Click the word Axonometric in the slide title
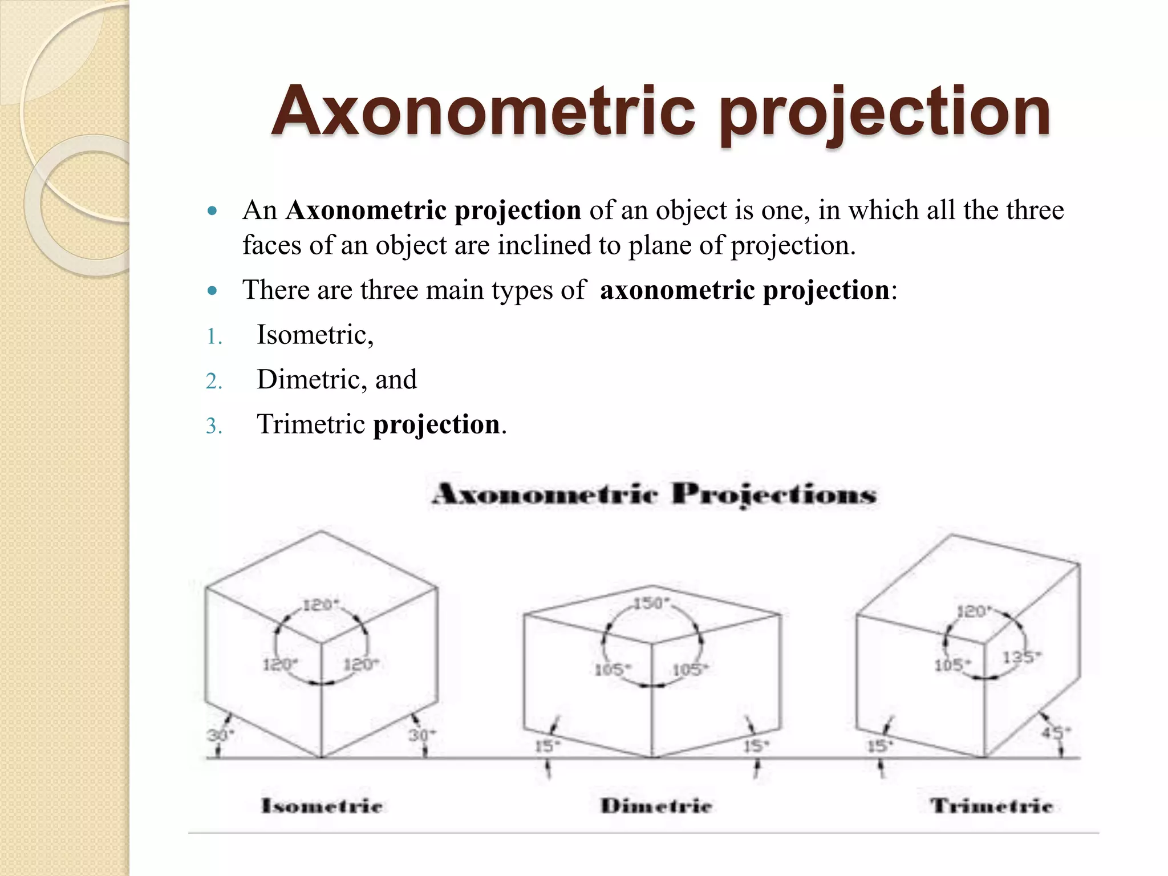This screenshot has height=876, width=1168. [x=483, y=111]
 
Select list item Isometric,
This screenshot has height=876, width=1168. [x=315, y=335]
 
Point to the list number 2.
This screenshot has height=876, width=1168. [x=213, y=381]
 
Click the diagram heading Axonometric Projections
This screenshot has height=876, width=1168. [x=654, y=494]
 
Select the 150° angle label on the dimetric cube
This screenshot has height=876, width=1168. [x=651, y=603]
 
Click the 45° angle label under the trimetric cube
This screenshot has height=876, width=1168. [x=1056, y=732]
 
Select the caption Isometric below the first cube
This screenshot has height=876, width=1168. [x=322, y=806]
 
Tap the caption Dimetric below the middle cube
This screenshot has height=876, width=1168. [x=656, y=806]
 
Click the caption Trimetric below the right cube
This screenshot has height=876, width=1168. [x=991, y=806]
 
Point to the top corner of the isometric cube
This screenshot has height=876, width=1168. [x=321, y=532]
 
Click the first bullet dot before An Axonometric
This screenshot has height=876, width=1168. [x=212, y=211]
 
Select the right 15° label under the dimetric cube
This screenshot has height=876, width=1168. [x=756, y=745]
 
